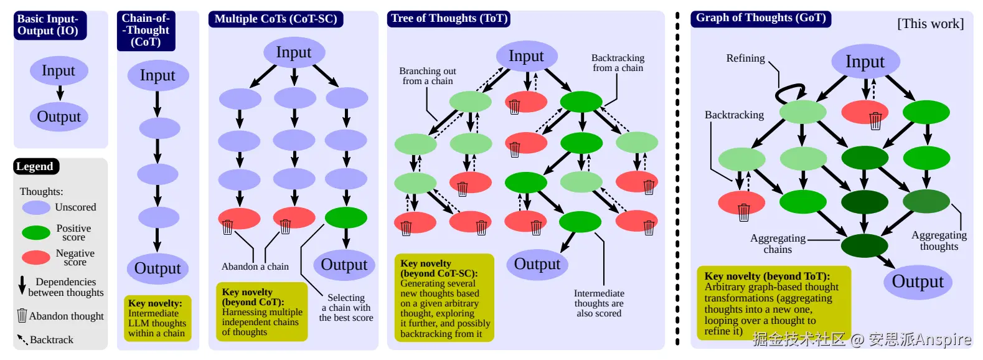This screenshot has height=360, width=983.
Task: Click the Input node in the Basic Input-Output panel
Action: click(x=59, y=70)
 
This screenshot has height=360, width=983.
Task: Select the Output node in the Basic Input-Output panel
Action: click(x=59, y=116)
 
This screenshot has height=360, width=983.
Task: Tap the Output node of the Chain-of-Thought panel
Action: click(x=158, y=268)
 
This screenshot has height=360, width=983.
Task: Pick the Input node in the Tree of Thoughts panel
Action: click(x=527, y=56)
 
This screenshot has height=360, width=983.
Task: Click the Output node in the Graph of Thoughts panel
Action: click(x=918, y=282)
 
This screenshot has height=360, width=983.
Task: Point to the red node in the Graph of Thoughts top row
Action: click(x=865, y=112)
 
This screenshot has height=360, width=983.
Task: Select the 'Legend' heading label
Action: click(x=35, y=166)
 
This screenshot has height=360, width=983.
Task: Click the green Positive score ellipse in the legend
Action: click(x=36, y=233)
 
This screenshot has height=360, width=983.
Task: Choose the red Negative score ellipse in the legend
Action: click(x=36, y=258)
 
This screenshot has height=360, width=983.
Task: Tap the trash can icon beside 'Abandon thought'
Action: click(x=22, y=315)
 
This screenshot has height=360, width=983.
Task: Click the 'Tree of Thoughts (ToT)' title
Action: click(x=449, y=19)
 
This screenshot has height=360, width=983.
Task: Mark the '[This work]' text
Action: click(x=930, y=24)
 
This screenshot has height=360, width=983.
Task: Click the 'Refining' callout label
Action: click(x=745, y=58)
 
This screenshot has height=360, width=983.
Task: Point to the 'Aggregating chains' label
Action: click(x=778, y=244)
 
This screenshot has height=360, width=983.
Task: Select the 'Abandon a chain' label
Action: click(x=255, y=267)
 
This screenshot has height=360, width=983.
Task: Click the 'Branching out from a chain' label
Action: click(x=428, y=76)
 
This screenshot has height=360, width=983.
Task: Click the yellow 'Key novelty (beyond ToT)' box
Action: click(x=774, y=303)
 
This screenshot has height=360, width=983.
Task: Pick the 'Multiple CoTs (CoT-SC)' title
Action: click(x=276, y=19)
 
